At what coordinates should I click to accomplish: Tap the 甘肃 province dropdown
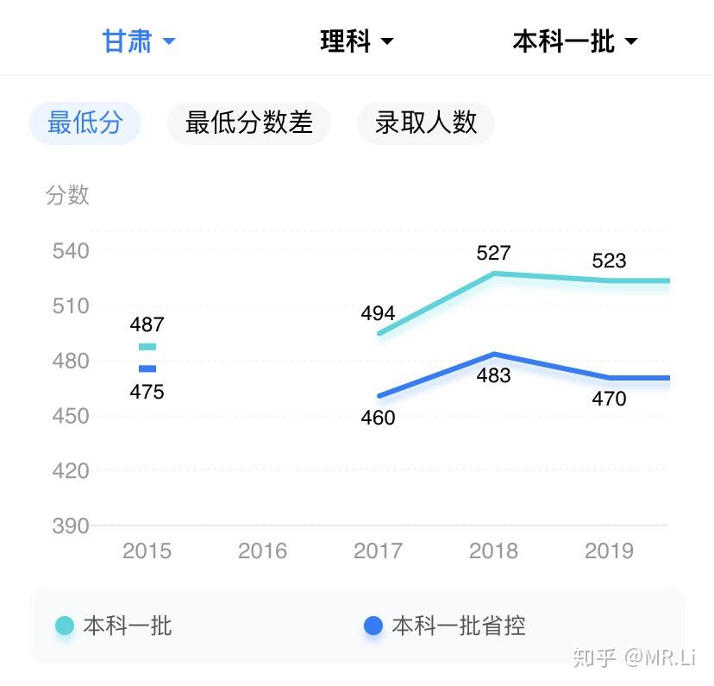pos(139,41)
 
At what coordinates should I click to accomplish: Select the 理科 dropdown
pos(356,41)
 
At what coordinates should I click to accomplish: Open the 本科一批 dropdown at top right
pos(575,41)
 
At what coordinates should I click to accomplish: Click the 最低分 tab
pos(85,123)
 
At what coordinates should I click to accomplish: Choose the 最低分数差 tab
pos(249,123)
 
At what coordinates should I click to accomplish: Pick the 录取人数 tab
pos(426,123)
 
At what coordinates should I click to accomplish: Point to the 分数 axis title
pos(67,195)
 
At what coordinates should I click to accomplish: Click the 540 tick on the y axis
pos(71,251)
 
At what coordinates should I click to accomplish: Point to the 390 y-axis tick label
pos(71,526)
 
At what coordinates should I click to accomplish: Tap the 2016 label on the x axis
pos(262,551)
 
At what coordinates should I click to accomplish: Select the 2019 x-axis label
pos(609,551)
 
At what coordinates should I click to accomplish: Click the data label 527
pos(493,253)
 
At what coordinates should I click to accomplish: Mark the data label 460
pos(378,418)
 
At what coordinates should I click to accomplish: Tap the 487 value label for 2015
pos(147,324)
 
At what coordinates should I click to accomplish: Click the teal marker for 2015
pos(147,347)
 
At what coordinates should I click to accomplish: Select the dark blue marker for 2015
pos(147,369)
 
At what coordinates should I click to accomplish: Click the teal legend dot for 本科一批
pos(64,626)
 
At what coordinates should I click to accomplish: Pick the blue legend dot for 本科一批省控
pos(373,626)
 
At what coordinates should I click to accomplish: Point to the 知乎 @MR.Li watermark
pos(635,658)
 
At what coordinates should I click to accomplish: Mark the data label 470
pos(609,399)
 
